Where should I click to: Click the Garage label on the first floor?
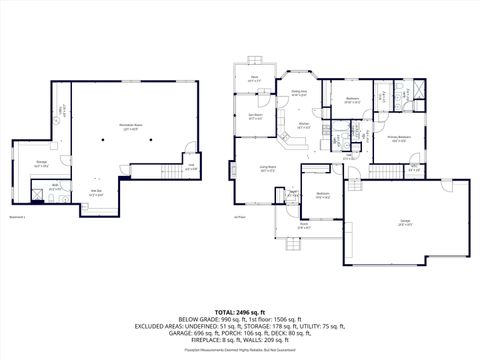click(x=406, y=224)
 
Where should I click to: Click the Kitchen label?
click(x=304, y=125)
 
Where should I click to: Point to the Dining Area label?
click(x=298, y=93)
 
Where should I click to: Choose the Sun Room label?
click(x=254, y=116)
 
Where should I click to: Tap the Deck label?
click(x=255, y=78)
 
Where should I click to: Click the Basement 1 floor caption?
click(x=17, y=216)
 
